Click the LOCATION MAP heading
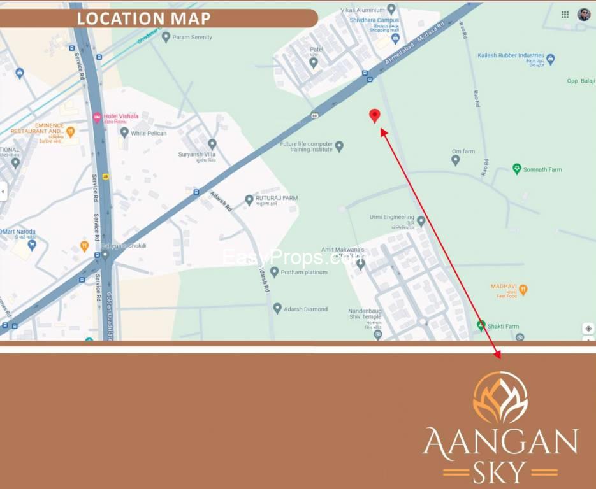pos(143,18)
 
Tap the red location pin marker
pos(375,115)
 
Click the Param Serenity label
pos(192,37)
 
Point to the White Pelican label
pos(149,133)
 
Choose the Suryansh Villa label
pos(197,154)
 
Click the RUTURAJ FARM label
pos(277,198)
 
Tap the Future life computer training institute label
pos(307,146)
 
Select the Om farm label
pos(463,152)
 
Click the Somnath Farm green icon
pos(517,169)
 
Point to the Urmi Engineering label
pos(392,217)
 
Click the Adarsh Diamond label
pos(305,309)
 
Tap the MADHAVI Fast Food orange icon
pos(523,290)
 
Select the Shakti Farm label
pos(504,325)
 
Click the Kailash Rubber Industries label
pos(511,55)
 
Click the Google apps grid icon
pos(565,15)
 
